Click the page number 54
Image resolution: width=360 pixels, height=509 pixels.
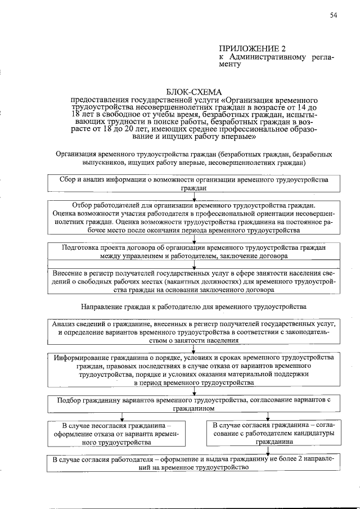click(x=332, y=15)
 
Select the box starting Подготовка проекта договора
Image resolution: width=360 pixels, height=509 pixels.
click(x=194, y=251)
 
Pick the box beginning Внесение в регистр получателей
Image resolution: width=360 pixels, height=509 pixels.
click(x=194, y=282)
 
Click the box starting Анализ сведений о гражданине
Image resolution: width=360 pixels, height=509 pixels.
click(x=194, y=332)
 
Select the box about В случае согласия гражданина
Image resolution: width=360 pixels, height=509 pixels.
click(x=268, y=434)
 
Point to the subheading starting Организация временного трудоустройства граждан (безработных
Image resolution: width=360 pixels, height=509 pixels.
click(x=194, y=157)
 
